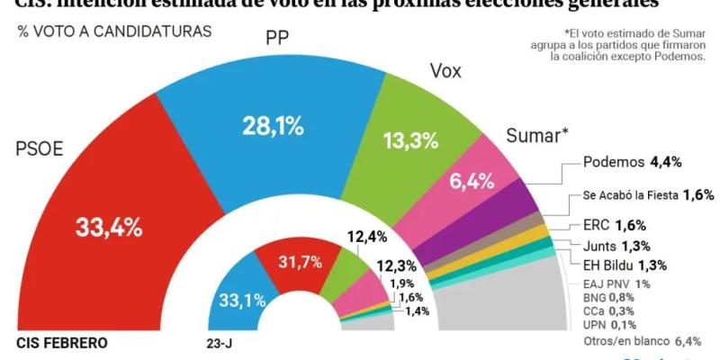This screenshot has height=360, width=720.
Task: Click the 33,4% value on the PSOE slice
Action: pyautogui.click(x=108, y=228)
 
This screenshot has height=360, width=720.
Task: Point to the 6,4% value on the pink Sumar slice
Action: pyautogui.click(x=472, y=181)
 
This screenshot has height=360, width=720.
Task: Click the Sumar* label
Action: pyautogui.click(x=537, y=136)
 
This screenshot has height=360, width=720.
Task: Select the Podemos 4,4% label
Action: pyautogui.click(x=632, y=162)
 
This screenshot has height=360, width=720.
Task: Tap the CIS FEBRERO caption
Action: pyautogui.click(x=62, y=343)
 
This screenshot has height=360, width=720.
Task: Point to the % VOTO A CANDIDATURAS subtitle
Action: pyautogui.click(x=114, y=31)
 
